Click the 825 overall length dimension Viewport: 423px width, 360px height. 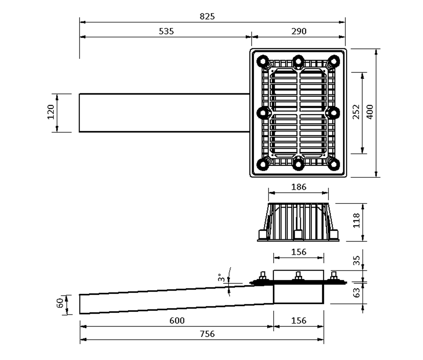[207, 16]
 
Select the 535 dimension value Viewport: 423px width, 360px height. [166, 31]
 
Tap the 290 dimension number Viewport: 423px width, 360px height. [299, 31]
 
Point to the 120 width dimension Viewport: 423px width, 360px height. [50, 112]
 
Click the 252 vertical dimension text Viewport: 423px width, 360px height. [356, 112]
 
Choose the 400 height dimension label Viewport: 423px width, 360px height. [370, 112]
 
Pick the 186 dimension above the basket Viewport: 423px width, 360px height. [299, 187]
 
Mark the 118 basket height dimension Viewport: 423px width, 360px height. [356, 220]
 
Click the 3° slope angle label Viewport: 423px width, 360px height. [221, 277]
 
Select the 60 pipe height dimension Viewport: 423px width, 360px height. [60, 303]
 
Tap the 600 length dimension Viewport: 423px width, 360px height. [177, 321]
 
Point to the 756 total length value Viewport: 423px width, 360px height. [207, 334]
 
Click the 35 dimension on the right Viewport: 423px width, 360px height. [356, 260]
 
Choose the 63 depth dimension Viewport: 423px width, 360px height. [356, 292]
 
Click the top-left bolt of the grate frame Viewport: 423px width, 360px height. [263, 61]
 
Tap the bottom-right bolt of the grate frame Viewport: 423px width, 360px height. [333, 165]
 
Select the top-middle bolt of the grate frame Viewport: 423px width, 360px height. [298, 61]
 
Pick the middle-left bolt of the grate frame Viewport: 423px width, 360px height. [263, 113]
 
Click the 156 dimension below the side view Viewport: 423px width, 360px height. [299, 321]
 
